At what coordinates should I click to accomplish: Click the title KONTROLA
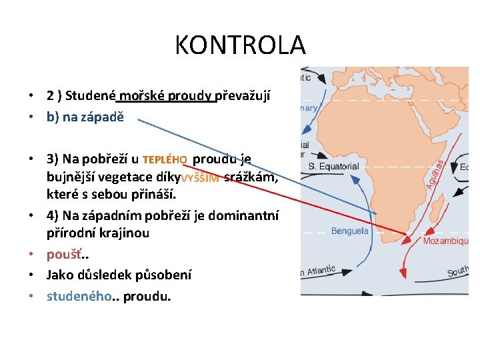[240, 45]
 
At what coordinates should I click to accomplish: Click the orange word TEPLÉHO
[165, 160]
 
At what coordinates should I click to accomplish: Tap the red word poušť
[60, 254]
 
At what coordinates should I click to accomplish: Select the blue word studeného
[77, 296]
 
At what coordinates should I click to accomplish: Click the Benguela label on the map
[350, 231]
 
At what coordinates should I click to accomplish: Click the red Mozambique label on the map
[445, 241]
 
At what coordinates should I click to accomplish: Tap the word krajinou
[127, 233]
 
